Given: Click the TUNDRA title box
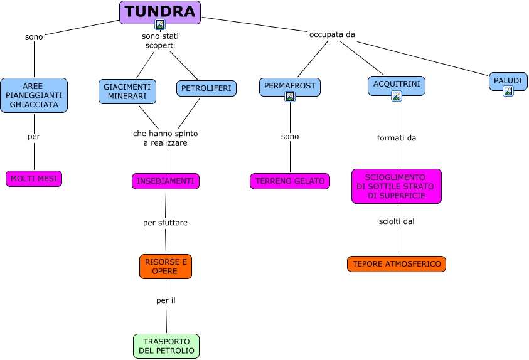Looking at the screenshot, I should pyautogui.click(x=159, y=11).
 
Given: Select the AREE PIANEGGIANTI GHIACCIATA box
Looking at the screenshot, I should pyautogui.click(x=34, y=95).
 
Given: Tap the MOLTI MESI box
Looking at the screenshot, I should pyautogui.click(x=34, y=179).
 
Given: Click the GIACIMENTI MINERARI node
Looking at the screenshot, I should pyautogui.click(x=127, y=92).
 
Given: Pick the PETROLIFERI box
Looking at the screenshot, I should pyautogui.click(x=206, y=89).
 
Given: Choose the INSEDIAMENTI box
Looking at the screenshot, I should pyautogui.click(x=166, y=181).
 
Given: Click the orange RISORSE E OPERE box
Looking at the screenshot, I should pyautogui.click(x=165, y=266).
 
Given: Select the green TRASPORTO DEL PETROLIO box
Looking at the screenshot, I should pyautogui.click(x=166, y=346).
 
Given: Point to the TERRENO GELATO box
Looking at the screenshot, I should pyautogui.click(x=289, y=181).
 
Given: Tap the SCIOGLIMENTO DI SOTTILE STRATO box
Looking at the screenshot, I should pyautogui.click(x=396, y=186).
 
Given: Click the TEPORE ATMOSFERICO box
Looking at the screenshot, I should pyautogui.click(x=396, y=264).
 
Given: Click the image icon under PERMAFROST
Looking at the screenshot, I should pyautogui.click(x=290, y=97).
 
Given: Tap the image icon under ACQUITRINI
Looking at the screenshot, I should pyautogui.click(x=397, y=96).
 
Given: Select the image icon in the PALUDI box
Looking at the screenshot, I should pyautogui.click(x=508, y=91).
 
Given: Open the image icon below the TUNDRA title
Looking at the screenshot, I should pyautogui.click(x=160, y=25).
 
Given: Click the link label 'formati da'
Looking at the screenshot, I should pyautogui.click(x=397, y=138).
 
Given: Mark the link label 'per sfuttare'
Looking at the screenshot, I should pyautogui.click(x=165, y=223).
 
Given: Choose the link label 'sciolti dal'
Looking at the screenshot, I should pyautogui.click(x=397, y=221).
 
